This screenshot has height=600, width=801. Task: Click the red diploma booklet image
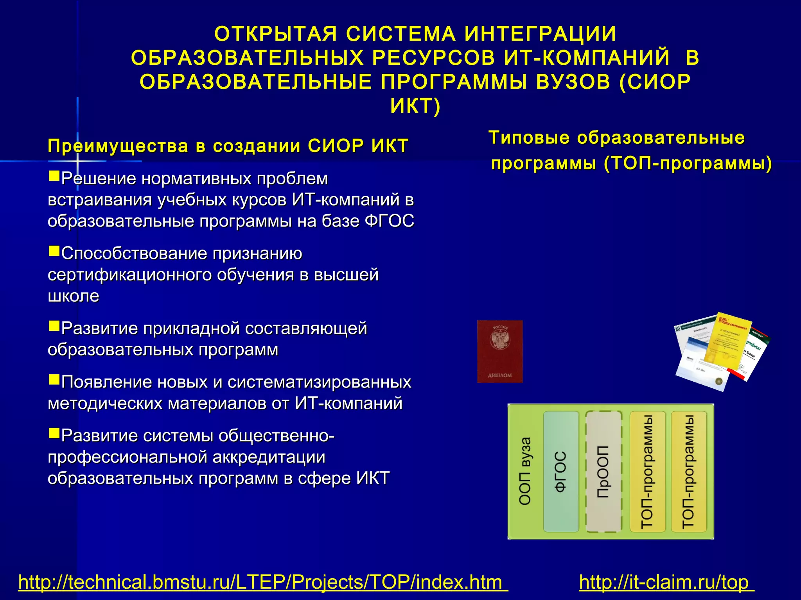coord(500,351)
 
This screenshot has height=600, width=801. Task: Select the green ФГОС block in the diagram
coord(561,471)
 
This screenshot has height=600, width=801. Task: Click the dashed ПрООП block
coord(603,471)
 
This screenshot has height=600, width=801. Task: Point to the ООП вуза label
coord(525,471)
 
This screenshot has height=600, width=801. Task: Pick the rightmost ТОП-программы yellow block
coord(688,471)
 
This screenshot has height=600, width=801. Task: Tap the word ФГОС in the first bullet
coord(389,221)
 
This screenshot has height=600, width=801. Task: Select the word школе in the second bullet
coord(74,296)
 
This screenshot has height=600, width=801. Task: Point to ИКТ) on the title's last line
coord(415,106)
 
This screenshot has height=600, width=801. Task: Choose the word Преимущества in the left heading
coord(118,146)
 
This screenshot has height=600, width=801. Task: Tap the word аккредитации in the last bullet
coord(269,457)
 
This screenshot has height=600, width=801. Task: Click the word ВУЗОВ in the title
coord(573,82)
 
